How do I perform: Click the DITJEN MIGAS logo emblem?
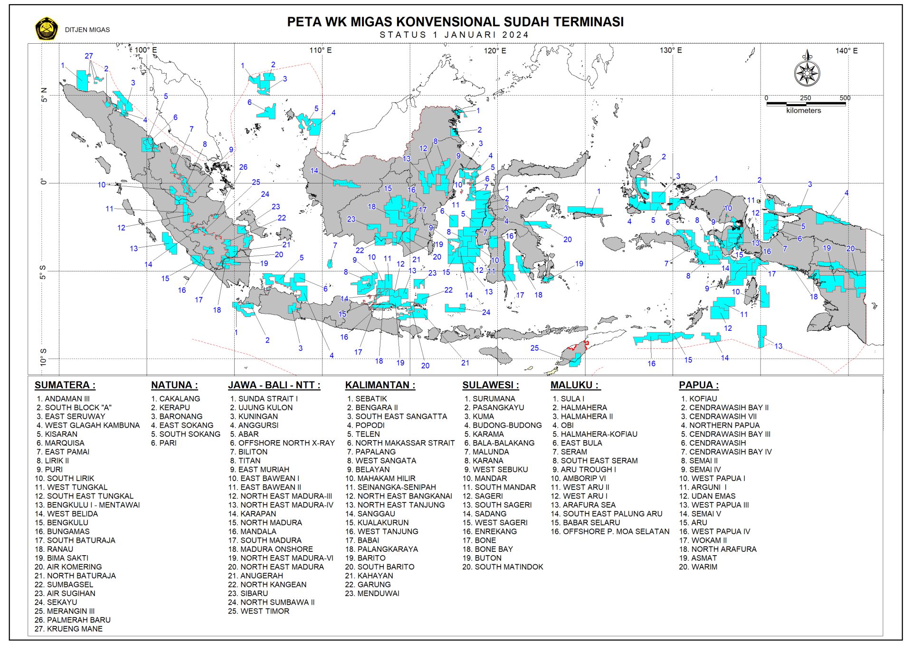46,29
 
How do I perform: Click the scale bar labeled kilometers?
806,103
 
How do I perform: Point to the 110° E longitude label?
321,50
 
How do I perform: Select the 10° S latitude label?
43,357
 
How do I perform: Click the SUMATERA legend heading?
65,385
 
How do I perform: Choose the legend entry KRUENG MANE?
69,629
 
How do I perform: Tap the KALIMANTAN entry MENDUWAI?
372,594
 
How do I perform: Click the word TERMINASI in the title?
589,22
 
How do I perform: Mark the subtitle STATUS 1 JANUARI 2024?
454,35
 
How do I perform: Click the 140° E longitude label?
846,50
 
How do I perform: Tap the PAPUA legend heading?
699,385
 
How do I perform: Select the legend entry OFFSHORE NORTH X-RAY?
282,443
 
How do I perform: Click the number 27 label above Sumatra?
89,56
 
